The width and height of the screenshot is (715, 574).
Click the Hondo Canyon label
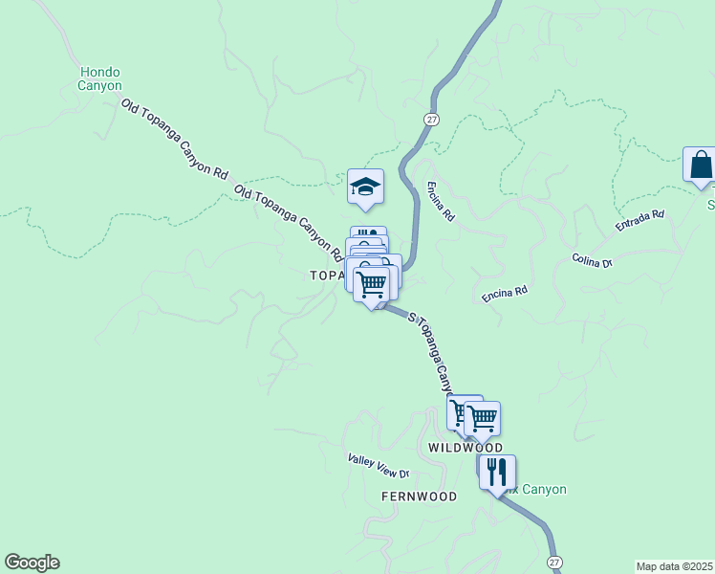[x=100, y=78]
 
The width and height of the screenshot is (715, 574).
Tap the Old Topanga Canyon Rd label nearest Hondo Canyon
[x=175, y=140]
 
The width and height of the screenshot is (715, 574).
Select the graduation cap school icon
[x=365, y=186]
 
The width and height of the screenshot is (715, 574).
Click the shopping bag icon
[x=701, y=165]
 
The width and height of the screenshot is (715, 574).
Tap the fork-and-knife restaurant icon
[x=497, y=473]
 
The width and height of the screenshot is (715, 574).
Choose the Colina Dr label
[x=592, y=260]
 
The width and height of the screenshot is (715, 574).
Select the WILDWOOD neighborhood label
[x=465, y=448]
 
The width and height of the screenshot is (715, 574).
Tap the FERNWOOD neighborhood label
[x=419, y=497]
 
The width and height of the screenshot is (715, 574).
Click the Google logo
[x=32, y=563]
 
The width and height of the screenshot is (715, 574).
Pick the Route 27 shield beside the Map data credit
[x=554, y=562]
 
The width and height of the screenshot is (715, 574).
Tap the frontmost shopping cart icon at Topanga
[x=371, y=283]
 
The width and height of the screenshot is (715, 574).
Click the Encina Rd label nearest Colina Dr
[x=505, y=293]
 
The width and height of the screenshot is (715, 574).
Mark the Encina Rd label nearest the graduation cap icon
[x=441, y=202]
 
